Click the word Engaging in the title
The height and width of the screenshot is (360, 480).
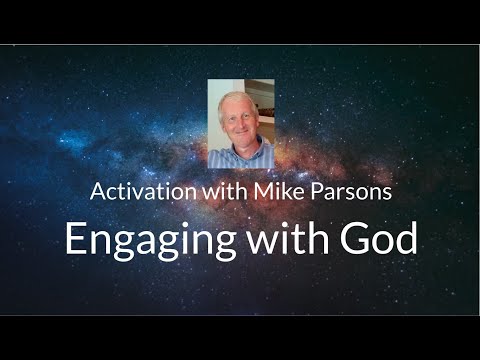139,240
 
